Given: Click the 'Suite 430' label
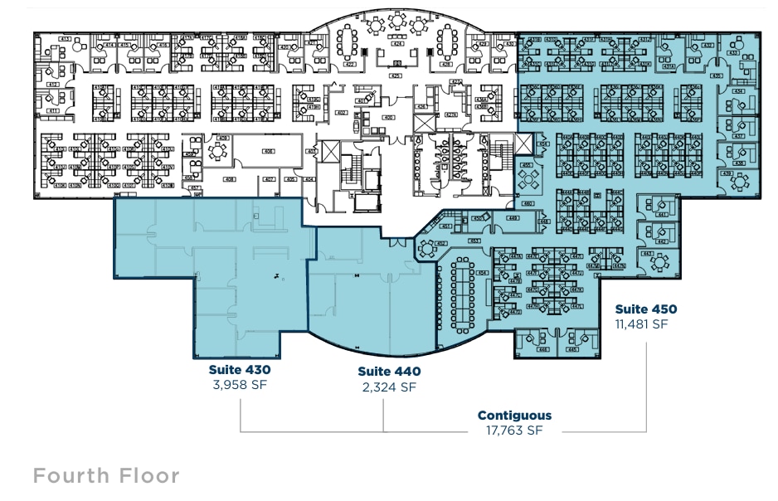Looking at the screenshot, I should [241, 369].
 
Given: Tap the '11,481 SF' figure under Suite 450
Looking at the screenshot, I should [641, 324].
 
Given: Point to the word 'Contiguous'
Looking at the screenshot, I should [514, 416].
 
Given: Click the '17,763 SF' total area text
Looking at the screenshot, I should [514, 430].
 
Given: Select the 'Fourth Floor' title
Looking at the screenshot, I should [106, 475].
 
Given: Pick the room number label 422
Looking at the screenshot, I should [350, 63].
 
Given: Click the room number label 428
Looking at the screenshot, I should [446, 63].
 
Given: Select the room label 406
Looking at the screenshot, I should [268, 151].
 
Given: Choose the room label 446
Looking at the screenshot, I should [543, 349].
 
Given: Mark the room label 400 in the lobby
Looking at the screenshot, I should [387, 118].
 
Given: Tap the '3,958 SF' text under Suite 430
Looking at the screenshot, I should [241, 384].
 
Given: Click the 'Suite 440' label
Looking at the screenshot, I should [389, 372].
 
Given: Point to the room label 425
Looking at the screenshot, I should [396, 75].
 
